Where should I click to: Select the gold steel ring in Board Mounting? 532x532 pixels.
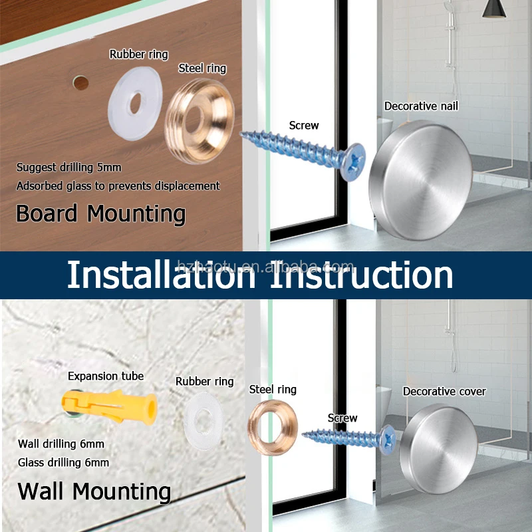pos(199,118)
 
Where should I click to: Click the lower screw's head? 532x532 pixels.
pos(388,438)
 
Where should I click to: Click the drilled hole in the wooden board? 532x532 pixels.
pos(80,83)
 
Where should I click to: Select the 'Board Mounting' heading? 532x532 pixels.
pos(100,214)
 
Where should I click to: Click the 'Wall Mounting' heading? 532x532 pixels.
pos(94,491)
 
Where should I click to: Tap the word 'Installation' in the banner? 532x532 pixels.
pos(160,275)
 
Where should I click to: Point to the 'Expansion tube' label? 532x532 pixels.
pos(106,376)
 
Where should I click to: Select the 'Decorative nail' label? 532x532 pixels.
pos(421,106)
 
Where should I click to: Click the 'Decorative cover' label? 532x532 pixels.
pos(444,392)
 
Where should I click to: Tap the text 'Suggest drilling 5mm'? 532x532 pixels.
pos(69,168)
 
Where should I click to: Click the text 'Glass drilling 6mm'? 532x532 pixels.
pos(64,462)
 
